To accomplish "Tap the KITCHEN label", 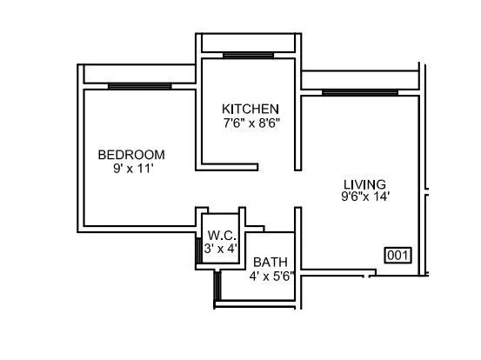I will click(x=251, y=109).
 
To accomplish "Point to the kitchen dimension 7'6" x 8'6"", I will click(x=251, y=123).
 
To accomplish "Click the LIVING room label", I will click(x=364, y=183).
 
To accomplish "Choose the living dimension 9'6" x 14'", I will click(x=365, y=197).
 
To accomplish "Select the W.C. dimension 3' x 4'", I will click(x=220, y=248).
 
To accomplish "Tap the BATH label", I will click(x=271, y=262).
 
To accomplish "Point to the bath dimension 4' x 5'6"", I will click(x=271, y=276).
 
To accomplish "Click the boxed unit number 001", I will click(x=397, y=256).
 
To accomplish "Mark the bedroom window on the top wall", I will click(x=139, y=85).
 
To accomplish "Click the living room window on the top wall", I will click(x=359, y=91).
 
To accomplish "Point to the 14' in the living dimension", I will click(x=381, y=197).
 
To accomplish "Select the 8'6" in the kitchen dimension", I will click(x=266, y=123).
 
